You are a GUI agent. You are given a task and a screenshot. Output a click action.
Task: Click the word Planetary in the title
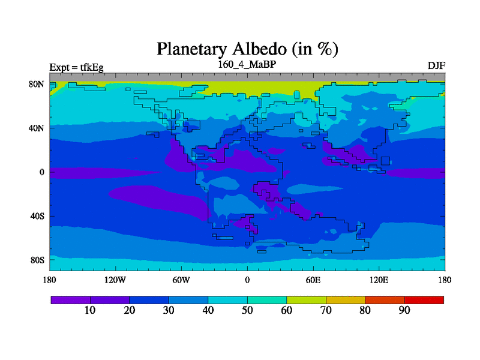click(192, 49)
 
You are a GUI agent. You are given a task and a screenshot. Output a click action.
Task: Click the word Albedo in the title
click(259, 49)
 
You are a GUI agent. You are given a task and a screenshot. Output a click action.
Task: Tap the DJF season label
click(436, 66)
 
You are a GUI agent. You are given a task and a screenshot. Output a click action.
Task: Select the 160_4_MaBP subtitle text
click(247, 65)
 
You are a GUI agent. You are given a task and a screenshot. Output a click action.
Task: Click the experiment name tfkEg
click(92, 67)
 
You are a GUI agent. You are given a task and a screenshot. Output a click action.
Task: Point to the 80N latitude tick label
click(37, 84)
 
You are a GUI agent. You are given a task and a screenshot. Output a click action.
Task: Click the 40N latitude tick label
click(37, 128)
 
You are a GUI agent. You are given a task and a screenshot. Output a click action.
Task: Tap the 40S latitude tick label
click(37, 216)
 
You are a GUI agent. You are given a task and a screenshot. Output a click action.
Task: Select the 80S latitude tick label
click(37, 260)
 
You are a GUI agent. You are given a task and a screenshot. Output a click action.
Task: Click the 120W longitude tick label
click(115, 280)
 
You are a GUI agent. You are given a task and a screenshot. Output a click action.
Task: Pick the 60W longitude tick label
click(181, 280)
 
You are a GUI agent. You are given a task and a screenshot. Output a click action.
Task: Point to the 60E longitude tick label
click(313, 280)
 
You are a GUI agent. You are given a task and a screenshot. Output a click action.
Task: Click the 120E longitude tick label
click(379, 280)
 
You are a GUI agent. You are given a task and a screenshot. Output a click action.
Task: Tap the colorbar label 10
click(90, 310)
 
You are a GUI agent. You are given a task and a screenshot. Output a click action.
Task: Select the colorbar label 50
click(247, 310)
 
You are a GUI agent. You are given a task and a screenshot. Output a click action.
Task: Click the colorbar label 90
click(404, 310)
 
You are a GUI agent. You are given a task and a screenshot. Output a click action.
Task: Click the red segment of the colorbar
click(424, 300)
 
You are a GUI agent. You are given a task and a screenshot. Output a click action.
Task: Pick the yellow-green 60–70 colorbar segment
click(306, 300)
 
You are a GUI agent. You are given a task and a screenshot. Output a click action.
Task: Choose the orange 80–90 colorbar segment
click(385, 300)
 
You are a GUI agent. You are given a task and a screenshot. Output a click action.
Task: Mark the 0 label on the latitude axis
click(41, 172)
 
